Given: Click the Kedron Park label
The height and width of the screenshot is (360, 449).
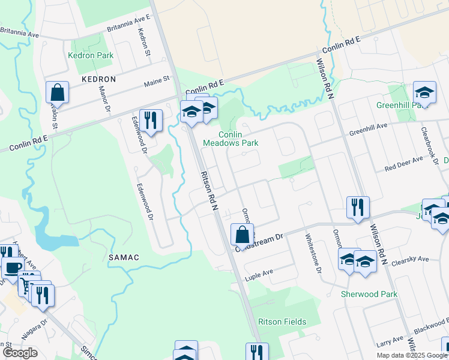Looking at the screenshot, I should click(91, 56).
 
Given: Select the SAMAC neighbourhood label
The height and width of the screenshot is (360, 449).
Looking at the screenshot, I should click(124, 257).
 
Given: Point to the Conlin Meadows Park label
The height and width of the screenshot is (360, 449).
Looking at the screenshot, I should click(231, 139).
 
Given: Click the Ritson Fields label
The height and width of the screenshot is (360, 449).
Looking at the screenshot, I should click(282, 322).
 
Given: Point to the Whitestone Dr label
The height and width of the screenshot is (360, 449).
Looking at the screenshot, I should click(312, 252).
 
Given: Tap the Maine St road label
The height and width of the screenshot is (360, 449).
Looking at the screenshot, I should click(157, 79).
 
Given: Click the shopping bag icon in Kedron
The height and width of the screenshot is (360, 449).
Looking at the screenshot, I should click(58, 92).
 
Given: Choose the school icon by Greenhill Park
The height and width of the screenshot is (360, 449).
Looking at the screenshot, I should click(424, 92).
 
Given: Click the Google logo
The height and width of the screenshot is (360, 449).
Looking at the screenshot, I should click(20, 352).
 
